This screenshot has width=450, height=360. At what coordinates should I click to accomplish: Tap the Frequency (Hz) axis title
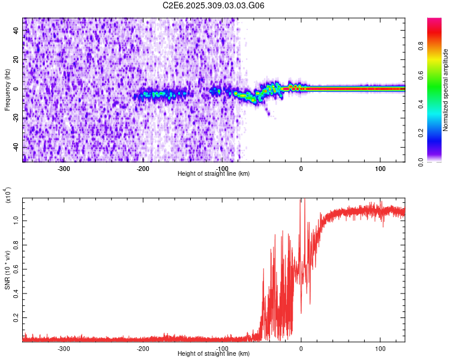[7, 90]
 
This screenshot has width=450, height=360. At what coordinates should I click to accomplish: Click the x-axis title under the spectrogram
[214, 174]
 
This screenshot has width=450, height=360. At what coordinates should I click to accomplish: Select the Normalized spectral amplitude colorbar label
[446, 90]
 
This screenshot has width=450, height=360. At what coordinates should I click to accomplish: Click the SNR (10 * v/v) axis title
[8, 270]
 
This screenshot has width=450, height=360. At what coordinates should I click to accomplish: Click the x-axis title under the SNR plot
[214, 354]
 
